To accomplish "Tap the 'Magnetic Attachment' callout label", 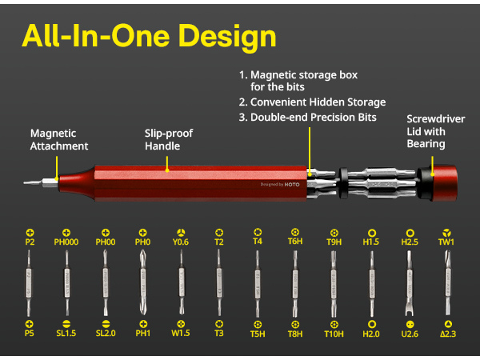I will [x=59, y=140].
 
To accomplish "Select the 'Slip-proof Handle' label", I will [x=169, y=140].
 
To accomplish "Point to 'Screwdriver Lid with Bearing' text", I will [x=435, y=131].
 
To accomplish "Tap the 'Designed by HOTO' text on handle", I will [x=280, y=184].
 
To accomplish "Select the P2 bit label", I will [x=30, y=242].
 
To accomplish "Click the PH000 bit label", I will [x=66, y=242].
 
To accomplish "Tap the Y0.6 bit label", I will [x=181, y=242].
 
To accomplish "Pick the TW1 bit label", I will [x=446, y=242].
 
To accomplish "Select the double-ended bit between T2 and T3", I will [x=218, y=284].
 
